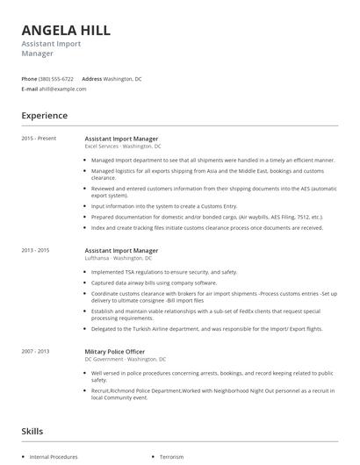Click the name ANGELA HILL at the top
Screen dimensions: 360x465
pyautogui.click(x=66, y=30)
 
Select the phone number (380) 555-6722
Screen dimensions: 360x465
pyautogui.click(x=56, y=79)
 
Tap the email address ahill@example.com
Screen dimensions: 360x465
pyautogui.click(x=63, y=89)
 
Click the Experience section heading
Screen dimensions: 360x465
pyautogui.click(x=44, y=115)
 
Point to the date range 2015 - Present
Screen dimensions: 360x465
pyautogui.click(x=38, y=139)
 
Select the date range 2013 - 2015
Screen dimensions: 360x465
pyautogui.click(x=35, y=250)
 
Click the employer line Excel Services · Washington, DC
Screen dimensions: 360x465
pyautogui.click(x=123, y=146)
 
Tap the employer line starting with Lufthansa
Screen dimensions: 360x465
pyautogui.click(x=119, y=258)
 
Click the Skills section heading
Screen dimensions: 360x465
pyautogui.click(x=33, y=431)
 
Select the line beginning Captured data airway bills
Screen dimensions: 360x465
pyautogui.click(x=154, y=283)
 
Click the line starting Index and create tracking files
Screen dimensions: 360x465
pyautogui.click(x=206, y=228)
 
